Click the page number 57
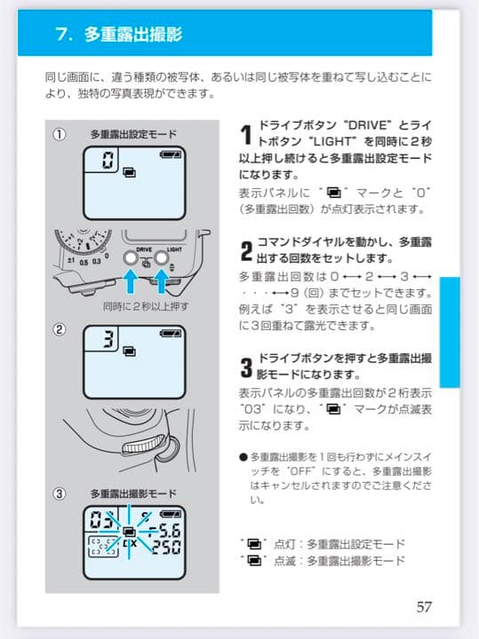pyautogui.click(x=424, y=606)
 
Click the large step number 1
pyautogui.click(x=245, y=135)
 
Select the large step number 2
pyautogui.click(x=246, y=251)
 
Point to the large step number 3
pyautogui.click(x=246, y=367)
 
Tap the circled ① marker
pyautogui.click(x=60, y=135)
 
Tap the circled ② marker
pyautogui.click(x=60, y=329)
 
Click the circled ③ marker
pyautogui.click(x=60, y=494)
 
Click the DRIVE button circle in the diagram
pyautogui.click(x=131, y=257)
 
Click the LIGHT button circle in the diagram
pyautogui.click(x=162, y=257)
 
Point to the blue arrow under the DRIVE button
pyautogui.click(x=131, y=281)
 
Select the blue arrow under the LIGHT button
pyautogui.click(x=162, y=281)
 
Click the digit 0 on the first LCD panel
pyautogui.click(x=108, y=160)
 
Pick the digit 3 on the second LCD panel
pyautogui.click(x=108, y=339)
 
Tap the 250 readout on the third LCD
pyautogui.click(x=166, y=548)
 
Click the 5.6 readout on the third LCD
pyautogui.click(x=166, y=531)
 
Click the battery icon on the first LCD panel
pyautogui.click(x=171, y=154)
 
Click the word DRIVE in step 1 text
pyautogui.click(x=369, y=125)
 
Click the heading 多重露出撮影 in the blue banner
pyautogui.click(x=133, y=35)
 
